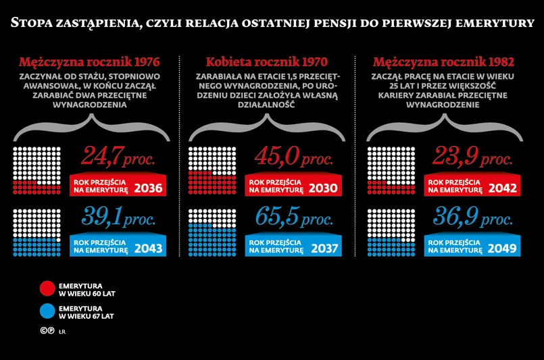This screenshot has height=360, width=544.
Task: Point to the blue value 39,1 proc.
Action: [x=118, y=217]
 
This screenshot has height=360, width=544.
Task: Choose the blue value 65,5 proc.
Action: [x=294, y=217]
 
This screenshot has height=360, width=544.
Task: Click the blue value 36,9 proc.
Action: [x=472, y=217]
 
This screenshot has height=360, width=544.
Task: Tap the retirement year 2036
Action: [x=149, y=188]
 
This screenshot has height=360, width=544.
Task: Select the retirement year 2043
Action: [x=149, y=248]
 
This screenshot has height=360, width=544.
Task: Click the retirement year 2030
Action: [x=324, y=188]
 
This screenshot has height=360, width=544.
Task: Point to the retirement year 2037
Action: [x=324, y=248]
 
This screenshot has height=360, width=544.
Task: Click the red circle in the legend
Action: [x=47, y=288]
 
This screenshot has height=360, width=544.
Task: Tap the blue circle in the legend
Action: [x=47, y=311]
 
